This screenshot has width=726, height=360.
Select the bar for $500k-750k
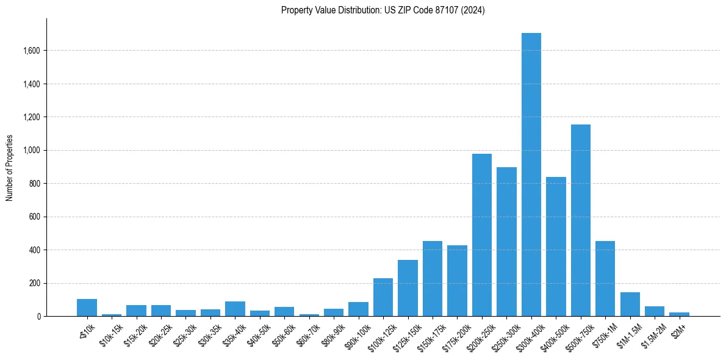(580, 220)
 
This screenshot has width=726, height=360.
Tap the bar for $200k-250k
(482, 235)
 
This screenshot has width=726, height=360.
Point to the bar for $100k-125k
(383, 297)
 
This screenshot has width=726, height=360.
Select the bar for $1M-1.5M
(630, 304)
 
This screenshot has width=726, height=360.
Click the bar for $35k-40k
(235, 309)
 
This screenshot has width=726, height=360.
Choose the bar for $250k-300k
(506, 242)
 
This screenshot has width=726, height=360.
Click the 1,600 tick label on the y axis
(30, 51)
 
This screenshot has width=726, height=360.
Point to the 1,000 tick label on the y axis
(30, 150)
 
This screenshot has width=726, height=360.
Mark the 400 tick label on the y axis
(34, 250)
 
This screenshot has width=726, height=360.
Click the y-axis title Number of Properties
(9, 168)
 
